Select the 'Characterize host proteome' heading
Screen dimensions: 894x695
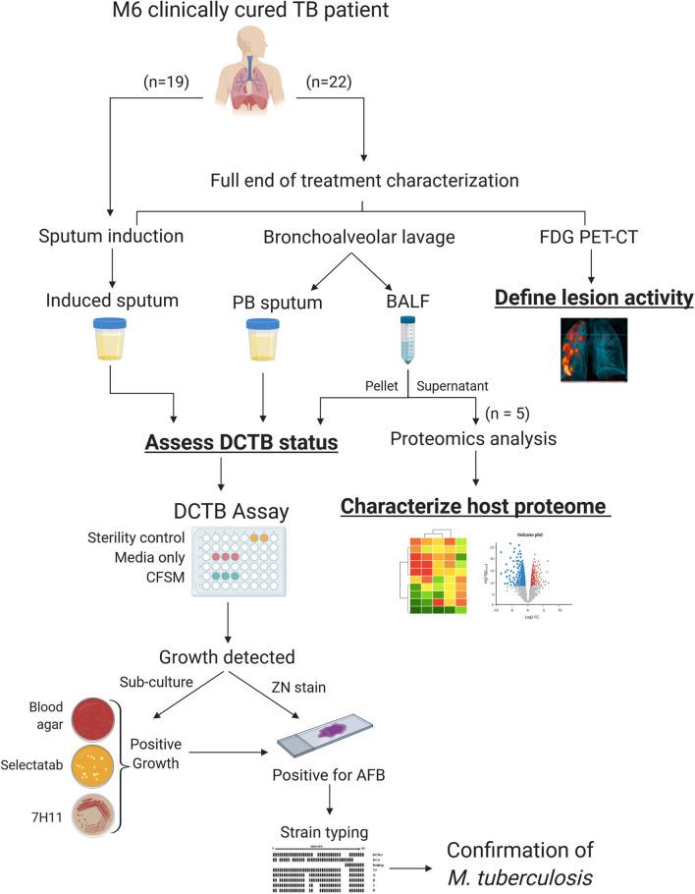pyautogui.click(x=476, y=507)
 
